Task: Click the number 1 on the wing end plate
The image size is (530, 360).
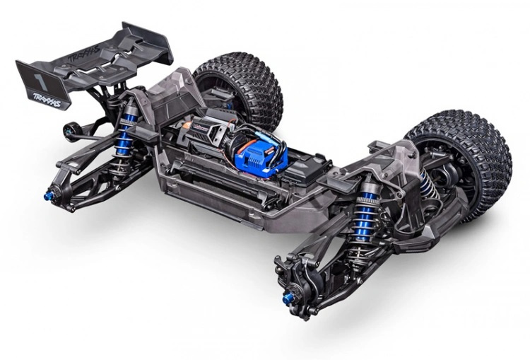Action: tap(35, 72)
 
